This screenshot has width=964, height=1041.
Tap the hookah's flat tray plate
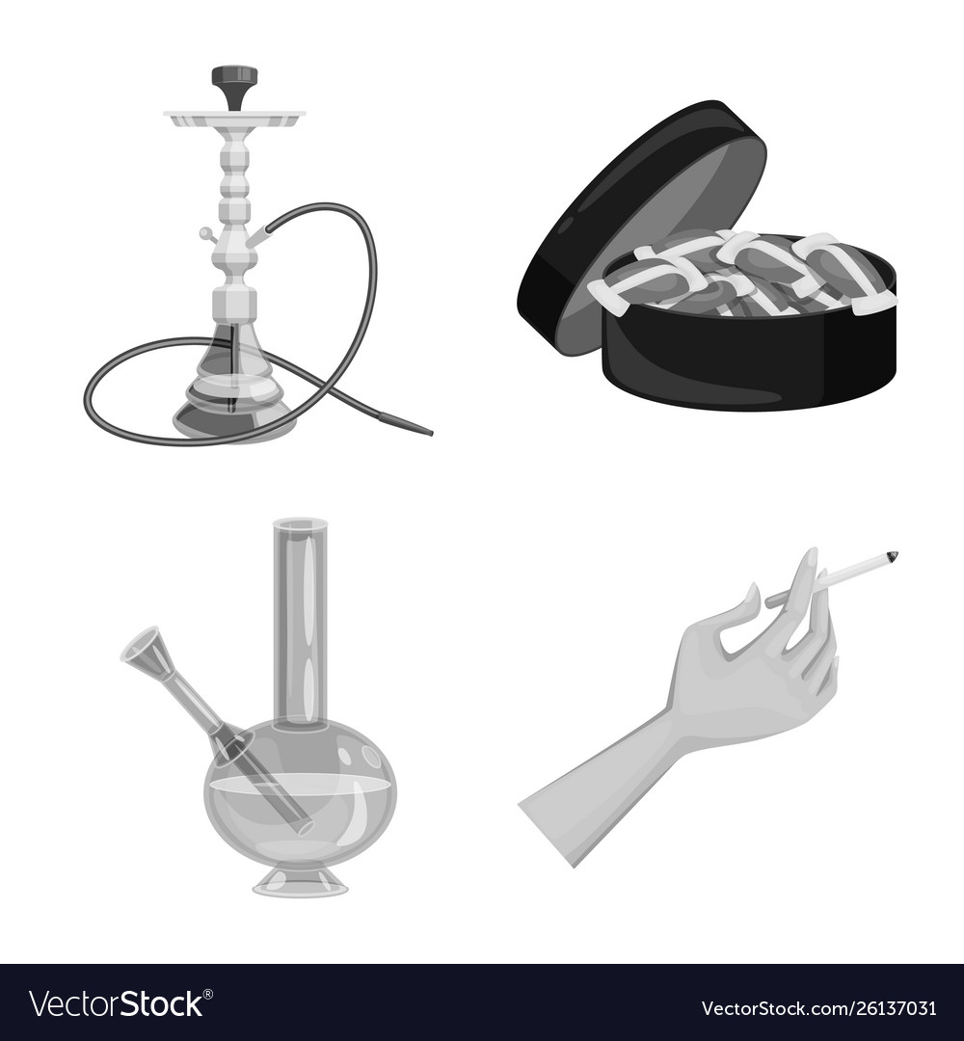235,119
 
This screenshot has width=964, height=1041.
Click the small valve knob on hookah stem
205,233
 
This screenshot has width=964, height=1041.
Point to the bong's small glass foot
300,882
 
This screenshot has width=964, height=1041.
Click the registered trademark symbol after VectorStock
208,995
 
